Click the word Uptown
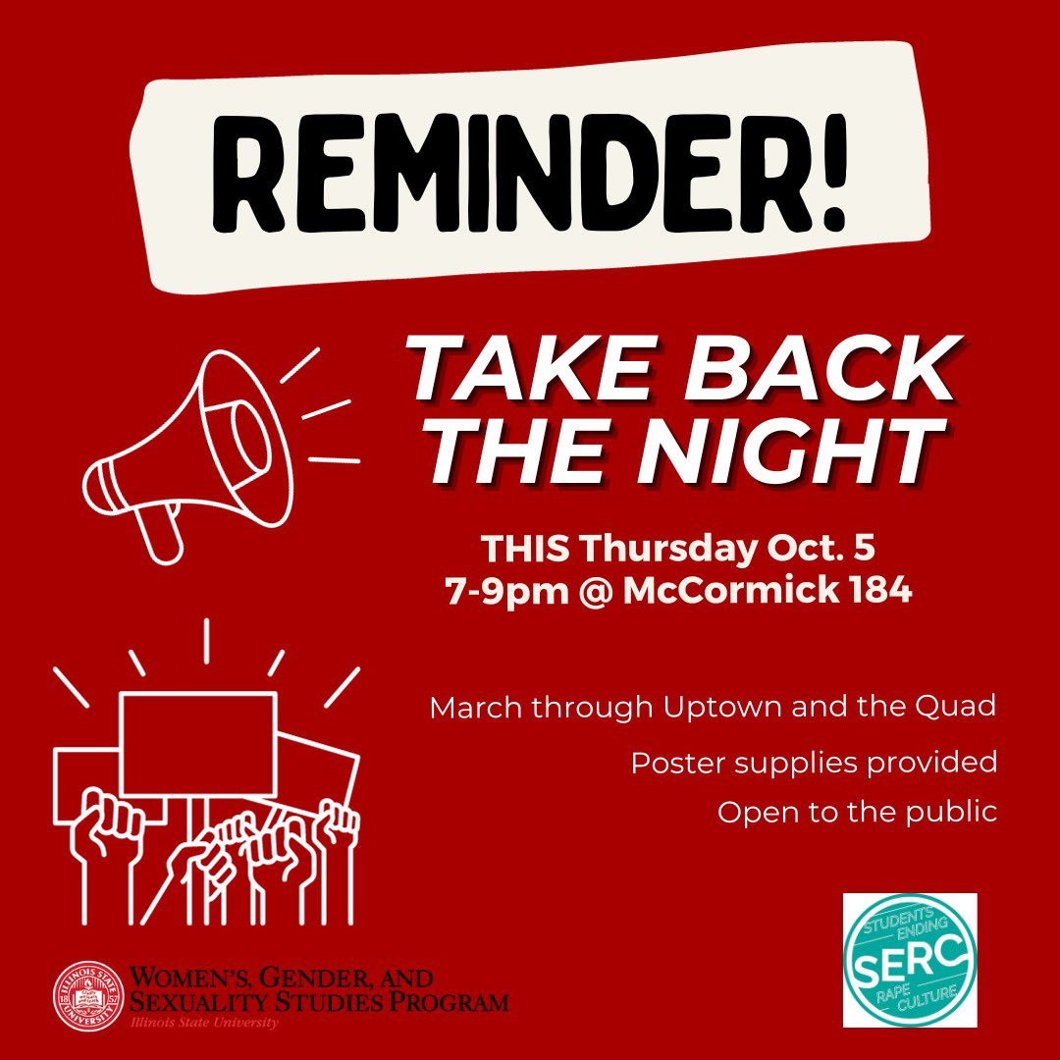[x=717, y=708]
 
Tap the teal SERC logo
[x=909, y=959]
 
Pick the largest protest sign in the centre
[x=197, y=742]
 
